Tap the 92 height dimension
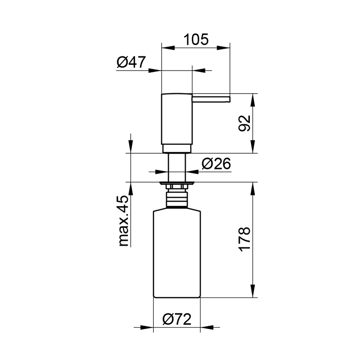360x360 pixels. point(245,123)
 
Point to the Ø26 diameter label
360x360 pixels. point(216,163)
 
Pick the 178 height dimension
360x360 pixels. point(245,240)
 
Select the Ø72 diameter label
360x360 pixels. point(177,318)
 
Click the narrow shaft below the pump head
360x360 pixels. point(177,167)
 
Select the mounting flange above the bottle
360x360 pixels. point(177,183)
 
